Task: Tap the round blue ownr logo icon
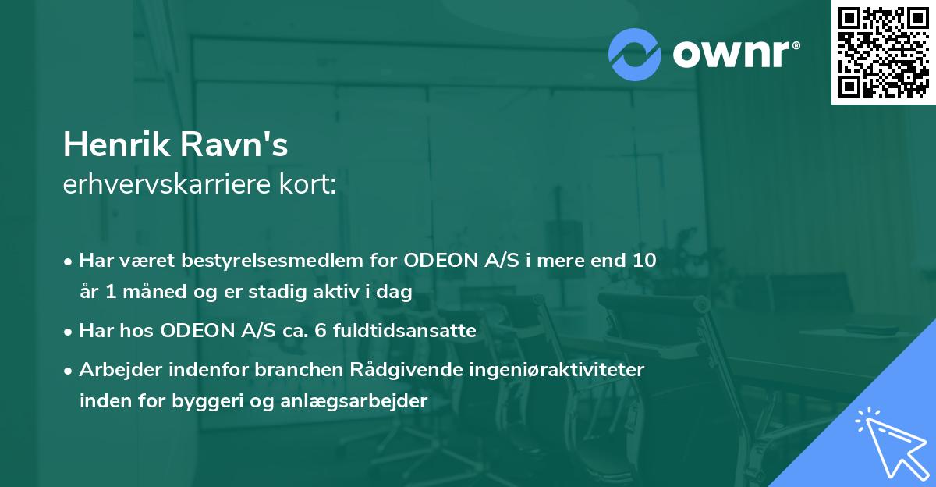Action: [x=635, y=54]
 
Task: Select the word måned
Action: [x=153, y=293]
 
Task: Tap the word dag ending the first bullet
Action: [x=395, y=293]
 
